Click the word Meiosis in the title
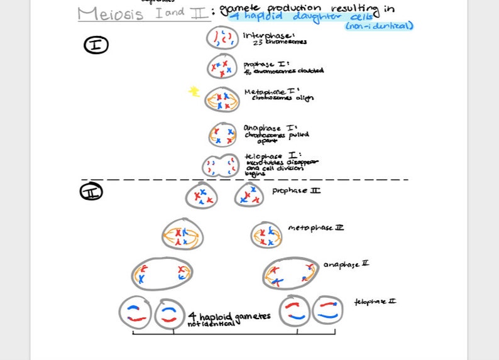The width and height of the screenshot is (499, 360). (111, 14)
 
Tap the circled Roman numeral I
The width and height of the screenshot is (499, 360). (96, 45)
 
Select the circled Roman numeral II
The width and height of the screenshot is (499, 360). (91, 191)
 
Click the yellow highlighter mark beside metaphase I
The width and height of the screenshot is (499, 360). (194, 92)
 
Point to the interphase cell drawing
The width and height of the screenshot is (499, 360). (222, 38)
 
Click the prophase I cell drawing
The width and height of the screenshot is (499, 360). (222, 66)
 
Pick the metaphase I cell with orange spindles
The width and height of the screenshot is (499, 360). (222, 99)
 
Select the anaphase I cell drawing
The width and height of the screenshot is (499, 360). (223, 134)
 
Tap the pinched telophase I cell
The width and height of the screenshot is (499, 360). (221, 166)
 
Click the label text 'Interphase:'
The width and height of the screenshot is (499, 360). (268, 35)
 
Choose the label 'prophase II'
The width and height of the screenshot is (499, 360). (295, 190)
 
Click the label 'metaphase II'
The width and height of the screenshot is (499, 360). (315, 227)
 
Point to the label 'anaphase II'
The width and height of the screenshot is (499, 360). (346, 265)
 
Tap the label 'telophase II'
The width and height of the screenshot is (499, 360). (375, 302)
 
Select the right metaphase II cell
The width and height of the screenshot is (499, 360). (266, 235)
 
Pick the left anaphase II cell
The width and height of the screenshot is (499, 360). (162, 273)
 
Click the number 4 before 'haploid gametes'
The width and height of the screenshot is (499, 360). (192, 316)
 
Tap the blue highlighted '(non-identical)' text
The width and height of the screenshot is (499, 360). (379, 26)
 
